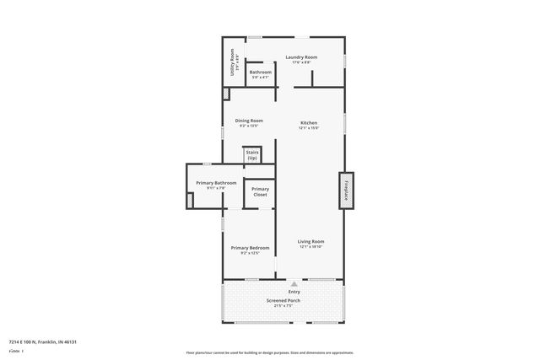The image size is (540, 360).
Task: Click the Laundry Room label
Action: coord(301,56)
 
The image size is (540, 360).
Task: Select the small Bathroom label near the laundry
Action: coord(260,73)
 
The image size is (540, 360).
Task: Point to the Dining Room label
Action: coord(249,121)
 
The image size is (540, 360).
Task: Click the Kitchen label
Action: coord(309,123)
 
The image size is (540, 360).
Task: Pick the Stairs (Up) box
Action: coord(252,155)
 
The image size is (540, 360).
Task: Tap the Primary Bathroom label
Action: coord(216,183)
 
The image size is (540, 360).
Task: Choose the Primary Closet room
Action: coord(260,191)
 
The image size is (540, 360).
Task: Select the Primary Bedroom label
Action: coord(250,248)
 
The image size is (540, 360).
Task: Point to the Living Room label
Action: coord(310,242)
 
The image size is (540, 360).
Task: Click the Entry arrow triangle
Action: coord(294,285)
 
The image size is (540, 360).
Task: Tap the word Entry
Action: coord(294,293)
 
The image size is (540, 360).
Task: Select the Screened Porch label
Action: coord(283,300)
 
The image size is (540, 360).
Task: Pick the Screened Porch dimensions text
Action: coord(283,306)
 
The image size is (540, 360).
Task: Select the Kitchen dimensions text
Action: coord(309,128)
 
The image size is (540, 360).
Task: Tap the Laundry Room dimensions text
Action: coord(301,62)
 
